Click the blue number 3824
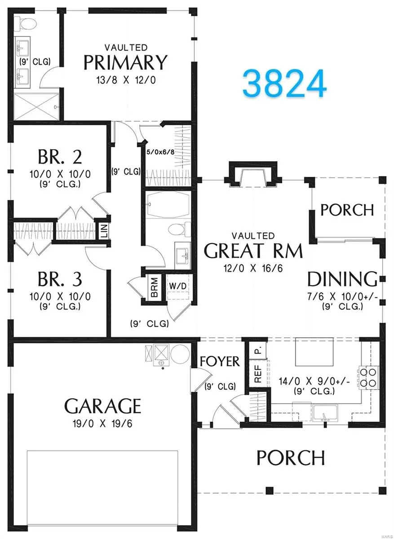[x=284, y=83]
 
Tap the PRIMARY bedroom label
[x=125, y=62]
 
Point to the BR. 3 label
[x=60, y=279]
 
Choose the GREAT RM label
[x=253, y=251]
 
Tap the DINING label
[x=343, y=279]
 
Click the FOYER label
[x=220, y=361]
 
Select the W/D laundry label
[x=178, y=286]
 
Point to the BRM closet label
[x=154, y=287]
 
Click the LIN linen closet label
[x=104, y=230]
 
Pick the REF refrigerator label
[x=258, y=373]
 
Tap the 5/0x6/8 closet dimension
[x=160, y=152]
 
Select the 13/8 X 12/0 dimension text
[x=126, y=80]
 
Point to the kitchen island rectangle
[x=314, y=351]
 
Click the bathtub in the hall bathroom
[x=167, y=204]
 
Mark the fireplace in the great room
[x=253, y=174]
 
